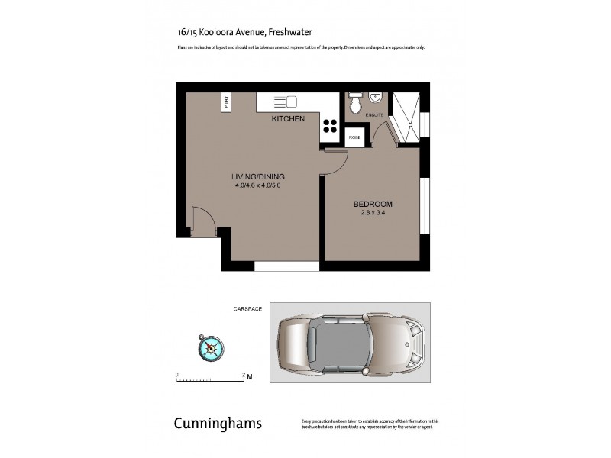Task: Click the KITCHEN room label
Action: [x=289, y=119]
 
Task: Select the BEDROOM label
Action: [x=373, y=204]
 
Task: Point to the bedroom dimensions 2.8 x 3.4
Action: [x=373, y=214]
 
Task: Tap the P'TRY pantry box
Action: [x=226, y=102]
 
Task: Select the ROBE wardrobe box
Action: [x=354, y=138]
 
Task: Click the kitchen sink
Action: [x=285, y=102]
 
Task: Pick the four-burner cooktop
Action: [x=330, y=125]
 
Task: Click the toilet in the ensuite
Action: [x=354, y=104]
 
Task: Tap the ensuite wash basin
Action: [x=376, y=98]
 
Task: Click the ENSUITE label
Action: [x=374, y=115]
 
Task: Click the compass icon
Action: [x=211, y=348]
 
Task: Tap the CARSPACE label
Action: [x=247, y=308]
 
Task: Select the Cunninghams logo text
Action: [x=218, y=424]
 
